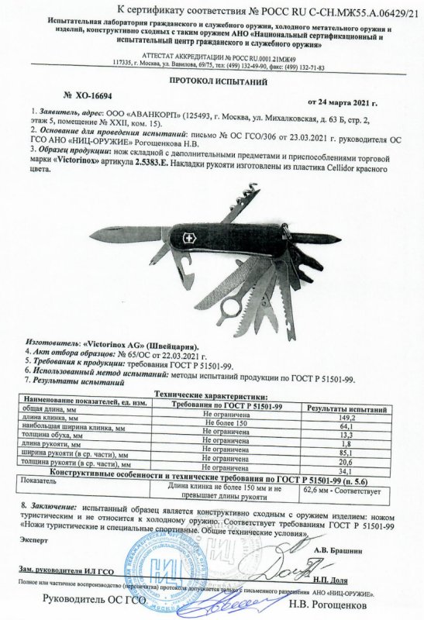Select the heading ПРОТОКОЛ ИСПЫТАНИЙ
pyautogui.click(x=212, y=80)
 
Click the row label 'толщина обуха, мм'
pyautogui.click(x=41, y=438)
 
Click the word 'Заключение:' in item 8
pyautogui.click(x=53, y=505)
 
